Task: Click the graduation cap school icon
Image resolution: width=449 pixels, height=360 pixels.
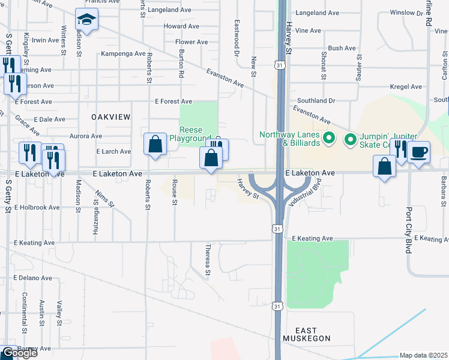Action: click(86, 20)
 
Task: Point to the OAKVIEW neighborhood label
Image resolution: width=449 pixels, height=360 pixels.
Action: click(110, 118)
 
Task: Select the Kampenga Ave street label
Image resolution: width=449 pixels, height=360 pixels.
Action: click(122, 53)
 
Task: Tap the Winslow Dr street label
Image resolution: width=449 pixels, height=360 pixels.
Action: click(406, 12)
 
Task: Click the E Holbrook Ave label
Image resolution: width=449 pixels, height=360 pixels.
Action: click(37, 207)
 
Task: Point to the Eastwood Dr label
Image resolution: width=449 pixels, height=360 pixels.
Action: click(237, 37)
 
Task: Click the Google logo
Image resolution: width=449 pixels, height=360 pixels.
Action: click(19, 352)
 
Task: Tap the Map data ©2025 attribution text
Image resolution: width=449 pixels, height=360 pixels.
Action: click(423, 355)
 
